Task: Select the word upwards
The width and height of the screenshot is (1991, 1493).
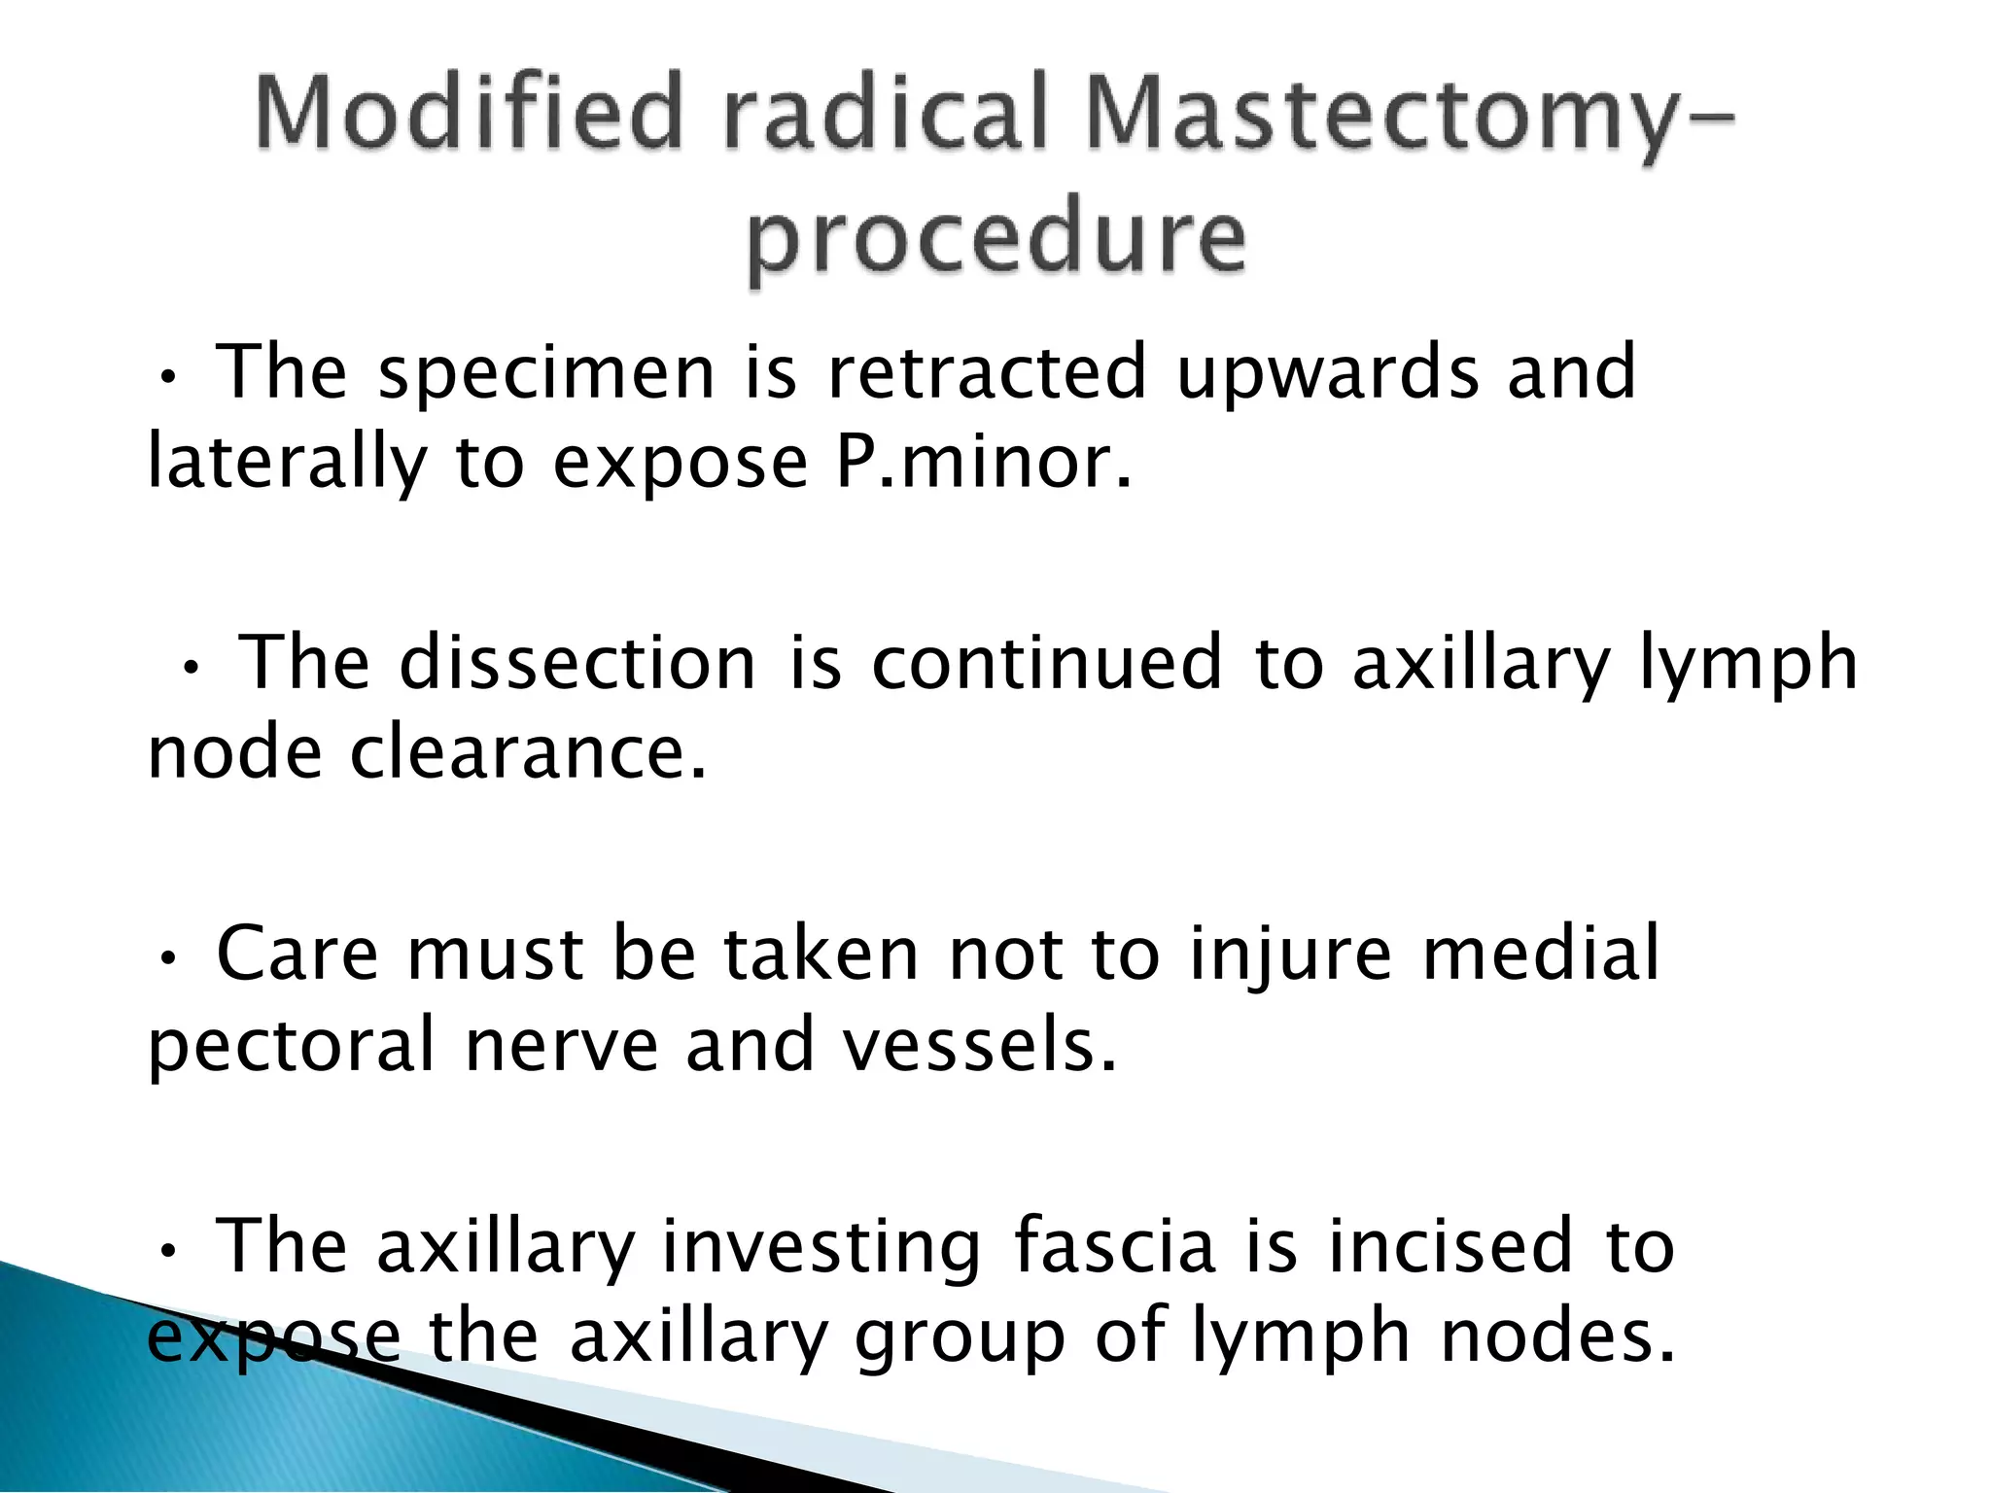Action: [1327, 374]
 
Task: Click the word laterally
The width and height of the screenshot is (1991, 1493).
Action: [287, 464]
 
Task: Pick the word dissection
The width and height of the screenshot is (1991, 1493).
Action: [577, 663]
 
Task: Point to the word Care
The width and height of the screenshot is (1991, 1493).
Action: [297, 955]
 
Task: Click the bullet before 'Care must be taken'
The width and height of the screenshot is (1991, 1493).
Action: [168, 959]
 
